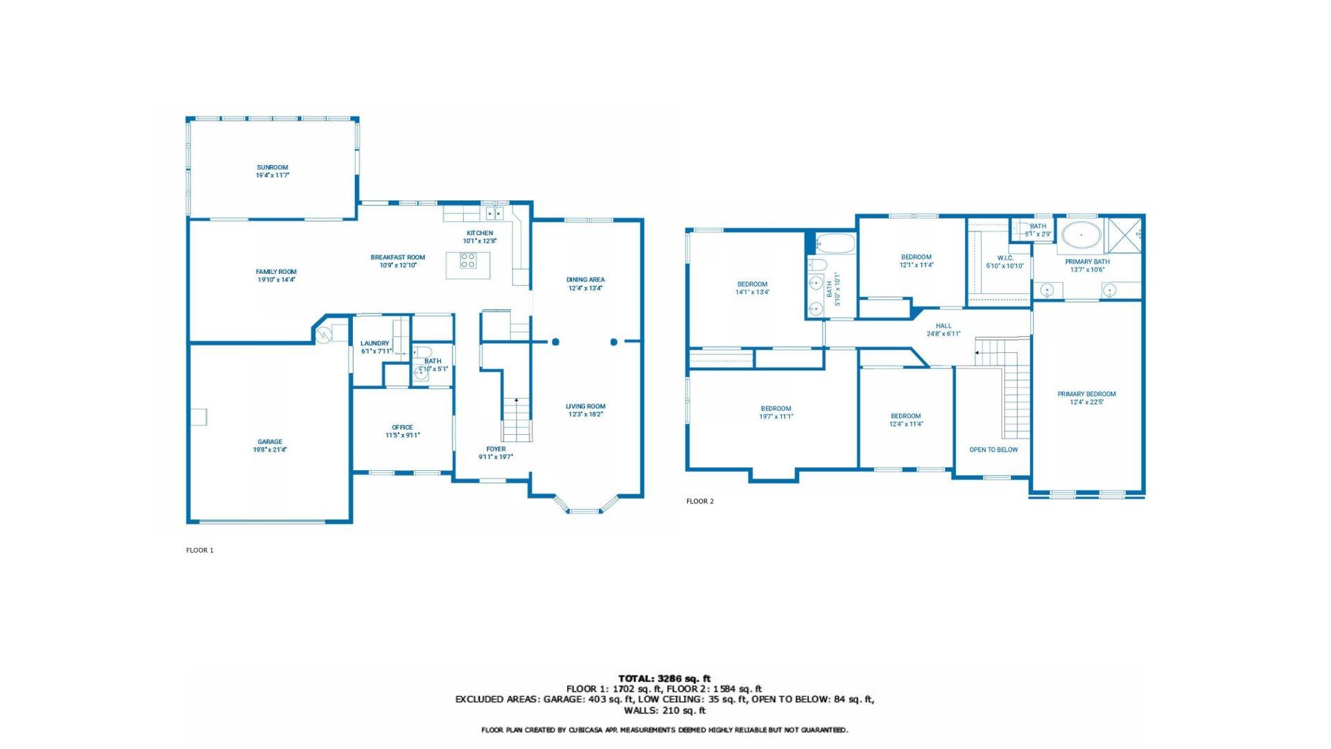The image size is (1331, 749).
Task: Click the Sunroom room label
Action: [272, 167]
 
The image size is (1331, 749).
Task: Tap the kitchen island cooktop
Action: [469, 261]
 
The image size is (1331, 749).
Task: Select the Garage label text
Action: [270, 442]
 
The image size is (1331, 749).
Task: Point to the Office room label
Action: [402, 427]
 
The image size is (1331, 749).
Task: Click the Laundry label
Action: [374, 343]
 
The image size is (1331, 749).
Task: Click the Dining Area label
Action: [585, 279]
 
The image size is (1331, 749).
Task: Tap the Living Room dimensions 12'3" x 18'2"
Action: [585, 415]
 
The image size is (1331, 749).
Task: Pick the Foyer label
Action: [496, 449]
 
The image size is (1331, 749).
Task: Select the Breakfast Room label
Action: [397, 257]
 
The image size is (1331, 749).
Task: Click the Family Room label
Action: [276, 272]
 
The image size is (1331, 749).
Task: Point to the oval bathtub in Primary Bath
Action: [1081, 235]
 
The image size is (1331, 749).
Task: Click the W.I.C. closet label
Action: [1005, 258]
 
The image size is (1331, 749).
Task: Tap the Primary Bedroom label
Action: [1086, 394]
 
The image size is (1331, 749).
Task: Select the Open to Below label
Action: [993, 449]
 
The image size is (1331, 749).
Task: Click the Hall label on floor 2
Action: [943, 326]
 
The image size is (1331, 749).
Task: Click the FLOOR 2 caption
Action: [699, 501]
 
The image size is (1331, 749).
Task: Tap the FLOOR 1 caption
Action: [200, 551]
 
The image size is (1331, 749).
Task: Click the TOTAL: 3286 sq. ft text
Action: [664, 678]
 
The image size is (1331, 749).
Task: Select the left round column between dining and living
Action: [555, 342]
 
